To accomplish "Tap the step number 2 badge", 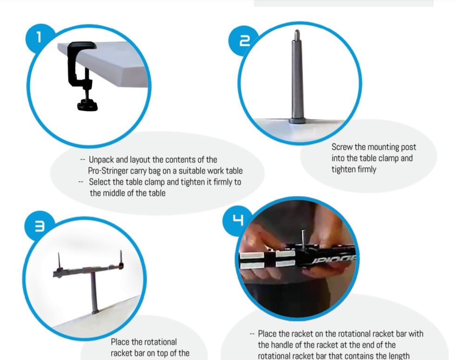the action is (x=243, y=41).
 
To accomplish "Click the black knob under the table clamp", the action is (x=87, y=105).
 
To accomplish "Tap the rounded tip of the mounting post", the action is (x=297, y=32).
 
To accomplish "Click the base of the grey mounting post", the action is (x=297, y=121).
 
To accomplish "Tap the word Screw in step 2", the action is (x=342, y=147).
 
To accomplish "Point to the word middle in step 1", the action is (x=117, y=193).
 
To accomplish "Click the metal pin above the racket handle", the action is (x=303, y=238).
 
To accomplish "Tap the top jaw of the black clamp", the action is (x=82, y=46).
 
